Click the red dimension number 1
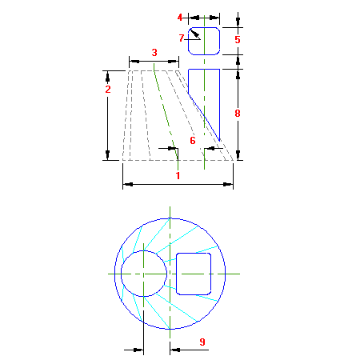point(178,176)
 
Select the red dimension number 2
point(108,90)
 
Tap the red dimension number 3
point(154,53)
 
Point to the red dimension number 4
point(180,18)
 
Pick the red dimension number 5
point(238,40)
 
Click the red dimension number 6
point(193,141)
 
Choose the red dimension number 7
point(182,38)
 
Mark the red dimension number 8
point(238,114)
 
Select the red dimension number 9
point(202,342)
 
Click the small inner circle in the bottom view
point(121,274)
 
